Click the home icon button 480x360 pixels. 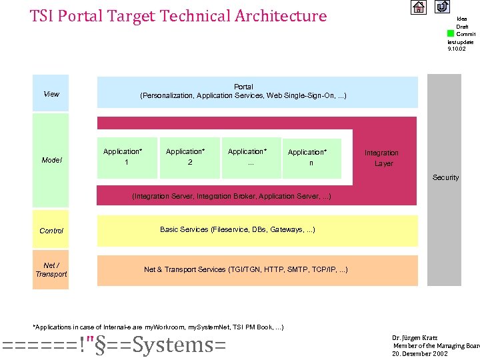tap(418, 7)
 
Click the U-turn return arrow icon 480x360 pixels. tap(442, 7)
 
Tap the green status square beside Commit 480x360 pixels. tap(451, 33)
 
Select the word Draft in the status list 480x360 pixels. tap(462, 27)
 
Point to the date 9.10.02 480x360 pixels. tap(457, 49)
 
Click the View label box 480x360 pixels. tap(51, 94)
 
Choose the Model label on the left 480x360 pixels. tap(51, 160)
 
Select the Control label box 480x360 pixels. tap(51, 231)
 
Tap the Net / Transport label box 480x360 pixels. tap(51, 270)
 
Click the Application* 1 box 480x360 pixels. tap(126, 157)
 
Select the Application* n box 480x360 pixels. tap(311, 157)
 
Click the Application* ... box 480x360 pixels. tap(250, 157)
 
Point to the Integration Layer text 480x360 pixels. tap(382, 158)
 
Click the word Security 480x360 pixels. tap(445, 177)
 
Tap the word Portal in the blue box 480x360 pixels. tap(243, 87)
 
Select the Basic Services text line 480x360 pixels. tap(237, 230)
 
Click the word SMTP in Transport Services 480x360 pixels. tap(299, 269)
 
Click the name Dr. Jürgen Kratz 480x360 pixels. tap(415, 337)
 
